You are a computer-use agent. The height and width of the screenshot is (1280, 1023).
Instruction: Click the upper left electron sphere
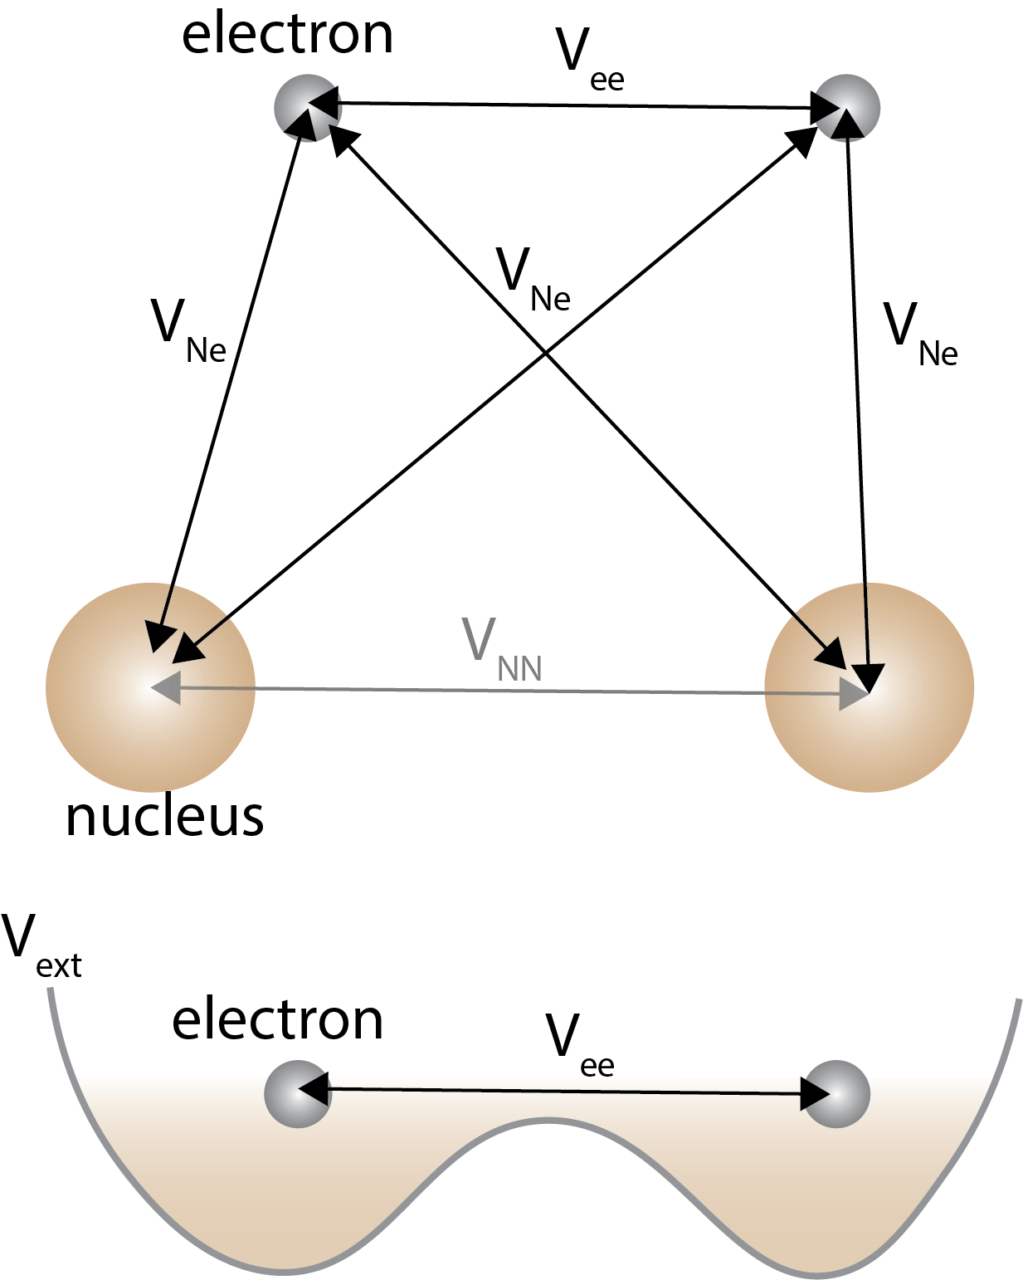[x=307, y=108]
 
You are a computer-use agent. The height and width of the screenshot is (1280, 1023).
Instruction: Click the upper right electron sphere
[x=846, y=107]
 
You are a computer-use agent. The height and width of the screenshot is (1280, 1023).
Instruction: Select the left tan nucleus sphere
[x=150, y=687]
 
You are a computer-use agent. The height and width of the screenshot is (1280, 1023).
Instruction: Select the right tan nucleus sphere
[x=869, y=687]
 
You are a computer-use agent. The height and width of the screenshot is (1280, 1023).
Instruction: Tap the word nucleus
[x=164, y=817]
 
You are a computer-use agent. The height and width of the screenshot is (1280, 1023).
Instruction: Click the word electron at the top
[x=287, y=35]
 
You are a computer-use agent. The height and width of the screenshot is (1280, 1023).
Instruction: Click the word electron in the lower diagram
[x=277, y=1020]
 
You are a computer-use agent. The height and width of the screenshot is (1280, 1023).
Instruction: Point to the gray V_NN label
[x=502, y=649]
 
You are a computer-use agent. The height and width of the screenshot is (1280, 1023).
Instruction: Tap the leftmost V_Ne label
[x=188, y=330]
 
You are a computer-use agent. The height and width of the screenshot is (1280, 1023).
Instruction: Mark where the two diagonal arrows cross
[x=545, y=353]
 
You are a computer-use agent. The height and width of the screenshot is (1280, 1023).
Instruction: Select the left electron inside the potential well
[x=298, y=1093]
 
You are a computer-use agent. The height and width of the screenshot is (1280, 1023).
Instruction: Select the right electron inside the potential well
[x=836, y=1093]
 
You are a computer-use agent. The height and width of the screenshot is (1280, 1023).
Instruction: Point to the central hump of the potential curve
[x=548, y=1121]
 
